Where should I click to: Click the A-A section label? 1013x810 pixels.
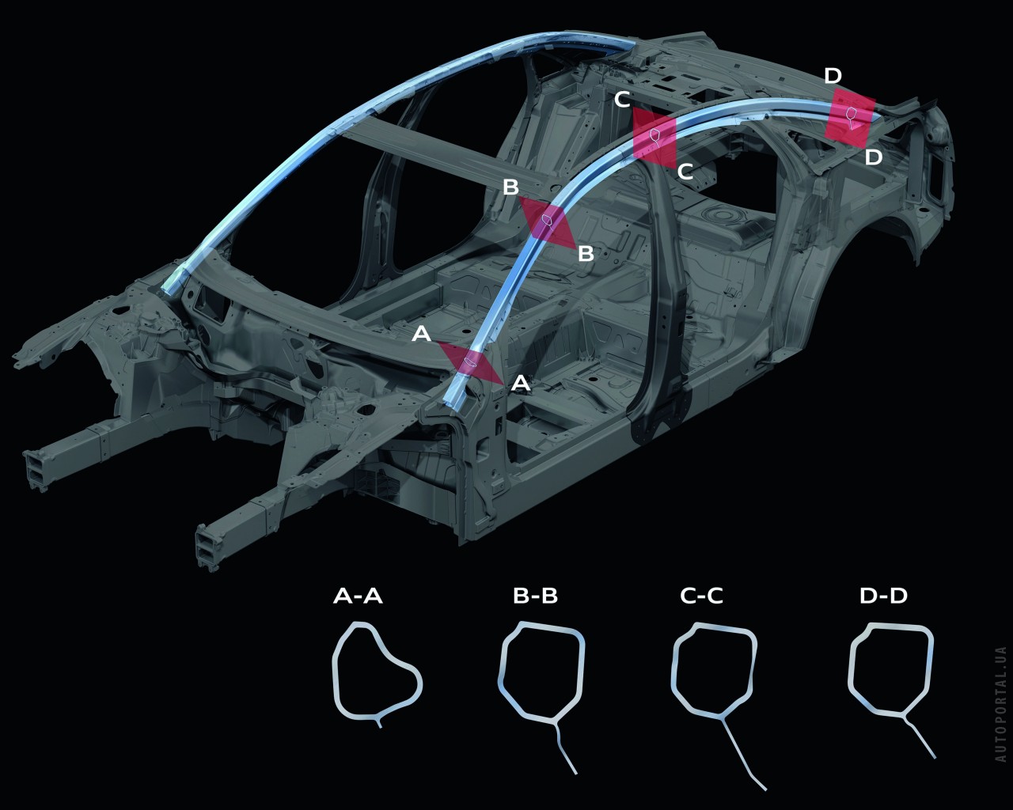(x=358, y=596)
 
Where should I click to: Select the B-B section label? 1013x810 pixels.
(x=535, y=596)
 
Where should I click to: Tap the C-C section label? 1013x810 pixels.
(x=701, y=596)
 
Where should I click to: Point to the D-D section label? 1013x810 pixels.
(x=883, y=596)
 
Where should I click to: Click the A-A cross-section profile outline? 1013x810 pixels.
(x=377, y=674)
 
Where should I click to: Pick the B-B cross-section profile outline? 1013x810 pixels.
(x=541, y=698)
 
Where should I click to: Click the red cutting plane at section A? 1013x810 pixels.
(x=471, y=362)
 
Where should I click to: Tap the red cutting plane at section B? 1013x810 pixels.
(x=548, y=222)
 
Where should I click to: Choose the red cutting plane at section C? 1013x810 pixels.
(x=654, y=138)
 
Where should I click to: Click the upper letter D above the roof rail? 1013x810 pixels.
(x=833, y=76)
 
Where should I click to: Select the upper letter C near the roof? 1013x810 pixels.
(x=622, y=100)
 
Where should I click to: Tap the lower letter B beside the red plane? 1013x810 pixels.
(x=586, y=253)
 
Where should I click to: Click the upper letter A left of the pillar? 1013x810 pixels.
(x=422, y=334)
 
